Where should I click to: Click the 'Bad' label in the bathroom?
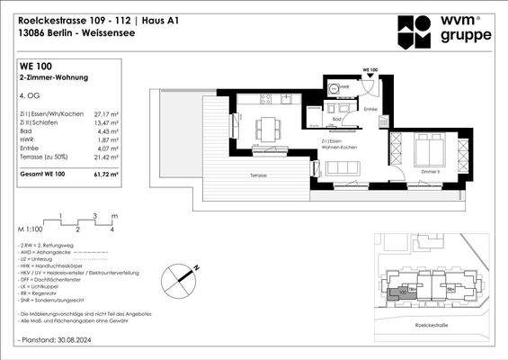click(335, 119)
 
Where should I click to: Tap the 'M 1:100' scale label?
click(29, 229)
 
